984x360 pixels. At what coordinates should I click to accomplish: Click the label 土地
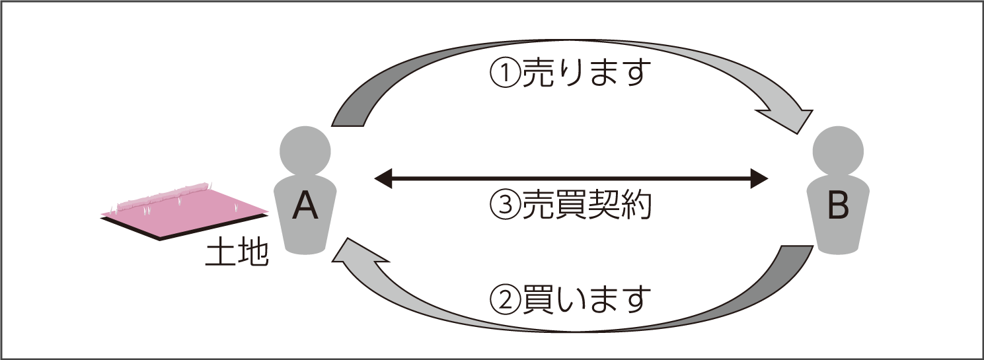pos(237,254)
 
